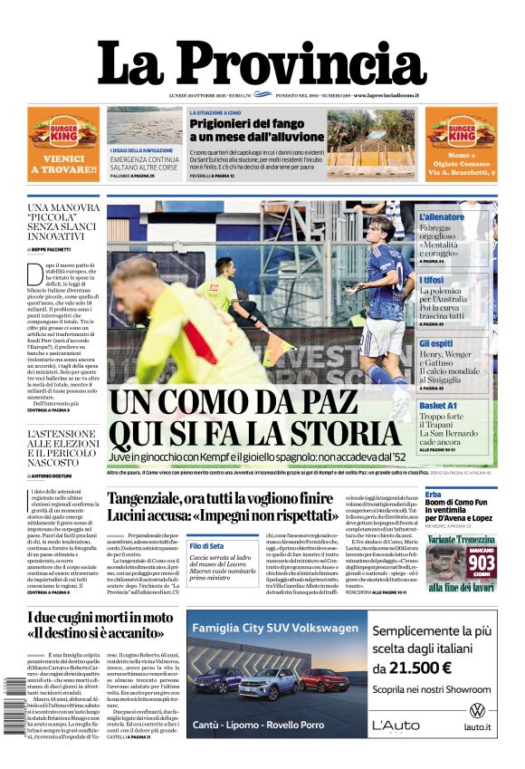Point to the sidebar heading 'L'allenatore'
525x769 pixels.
(441, 217)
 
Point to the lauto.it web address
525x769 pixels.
(477, 726)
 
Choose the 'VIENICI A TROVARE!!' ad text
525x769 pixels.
(63, 163)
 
